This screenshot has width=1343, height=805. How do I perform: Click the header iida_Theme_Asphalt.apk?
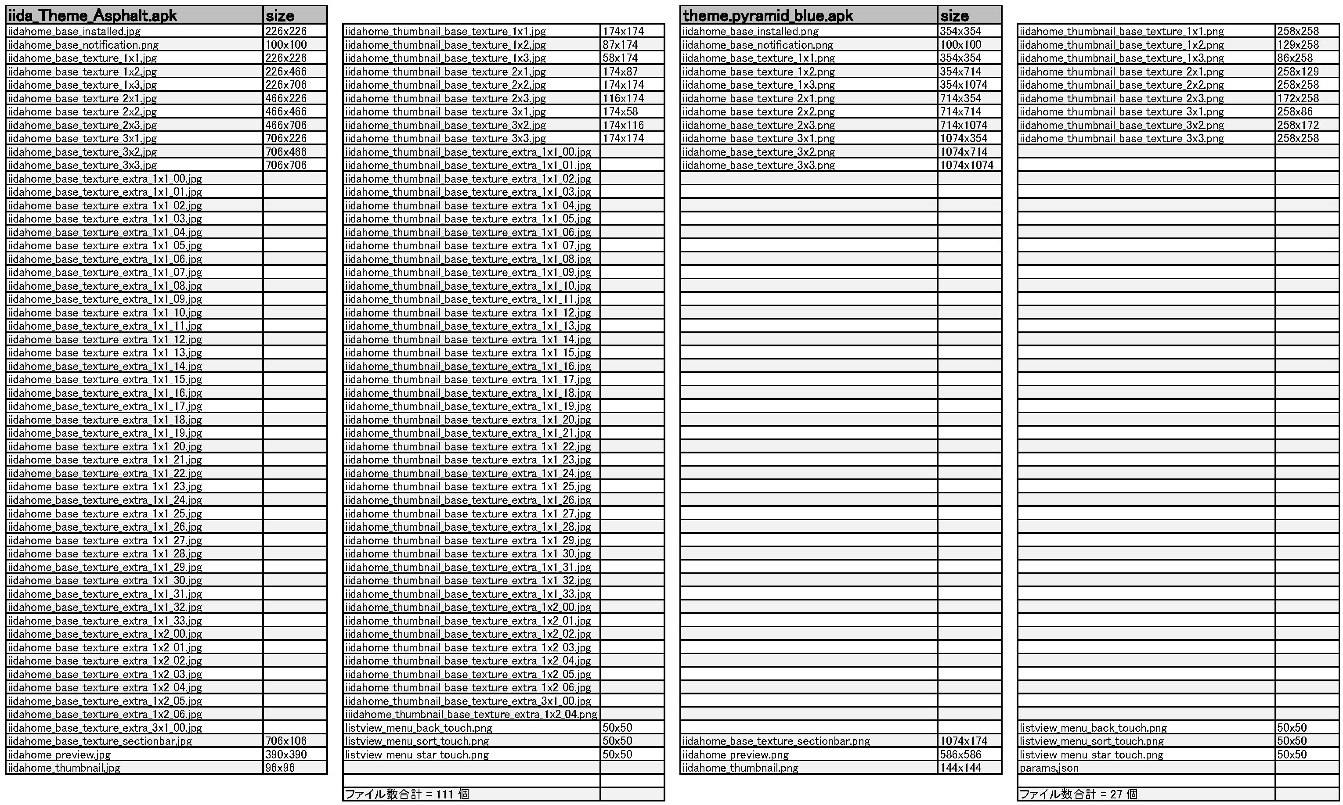tap(92, 16)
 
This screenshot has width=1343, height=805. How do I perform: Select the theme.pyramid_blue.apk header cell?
tap(768, 16)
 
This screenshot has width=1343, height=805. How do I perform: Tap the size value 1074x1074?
tap(967, 165)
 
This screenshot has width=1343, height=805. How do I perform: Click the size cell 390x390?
tap(286, 755)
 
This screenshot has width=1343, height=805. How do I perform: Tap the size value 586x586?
tap(960, 755)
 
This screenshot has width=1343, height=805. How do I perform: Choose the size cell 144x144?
tap(960, 768)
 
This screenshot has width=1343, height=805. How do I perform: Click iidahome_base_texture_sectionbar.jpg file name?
tap(100, 741)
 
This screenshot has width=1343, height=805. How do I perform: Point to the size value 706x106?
tap(286, 741)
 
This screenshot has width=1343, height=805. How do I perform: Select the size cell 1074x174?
tap(964, 741)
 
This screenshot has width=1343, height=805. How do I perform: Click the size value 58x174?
tap(620, 58)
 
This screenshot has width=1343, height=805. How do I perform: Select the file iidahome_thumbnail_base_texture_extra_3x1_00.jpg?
tap(468, 701)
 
